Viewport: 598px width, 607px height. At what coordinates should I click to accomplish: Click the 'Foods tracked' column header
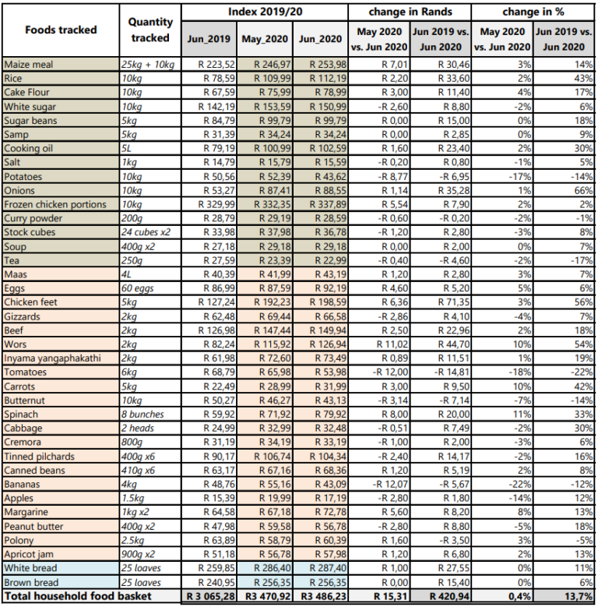tap(61, 30)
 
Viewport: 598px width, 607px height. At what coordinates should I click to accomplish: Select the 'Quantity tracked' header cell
tap(150, 30)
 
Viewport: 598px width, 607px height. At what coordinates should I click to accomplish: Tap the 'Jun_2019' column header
tap(209, 38)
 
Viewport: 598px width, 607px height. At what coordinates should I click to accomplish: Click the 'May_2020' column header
tap(264, 38)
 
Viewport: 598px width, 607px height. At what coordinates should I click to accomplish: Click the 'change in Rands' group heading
tap(410, 12)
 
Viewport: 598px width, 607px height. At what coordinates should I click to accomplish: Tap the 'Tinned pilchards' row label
tap(38, 456)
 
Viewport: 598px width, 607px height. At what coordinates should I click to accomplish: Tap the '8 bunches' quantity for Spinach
tap(144, 414)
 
